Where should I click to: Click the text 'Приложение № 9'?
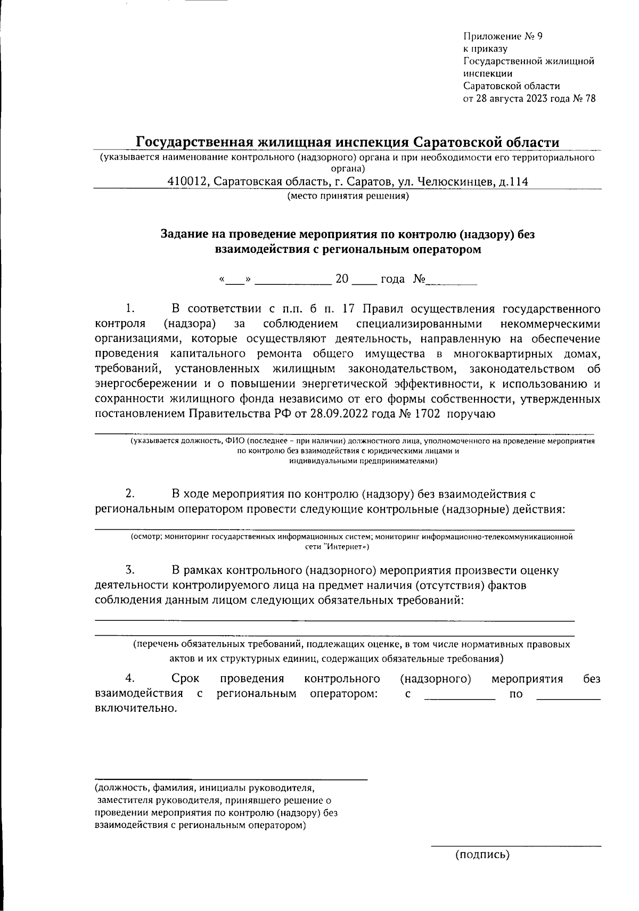(502, 37)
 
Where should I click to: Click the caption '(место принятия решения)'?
(348, 196)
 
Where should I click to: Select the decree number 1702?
(424, 414)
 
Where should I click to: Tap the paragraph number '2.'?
(129, 494)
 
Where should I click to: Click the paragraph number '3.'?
(129, 571)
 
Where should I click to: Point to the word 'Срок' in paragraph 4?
(185, 679)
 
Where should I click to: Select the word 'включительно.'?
(135, 709)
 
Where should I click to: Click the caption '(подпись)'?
(482, 855)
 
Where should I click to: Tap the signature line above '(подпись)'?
(515, 845)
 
